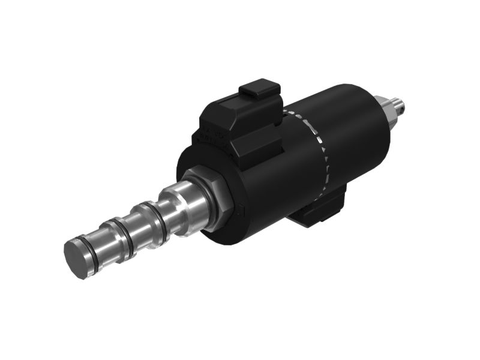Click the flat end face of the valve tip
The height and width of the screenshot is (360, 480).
click(x=78, y=260)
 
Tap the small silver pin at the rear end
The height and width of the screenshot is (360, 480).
click(x=400, y=104)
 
